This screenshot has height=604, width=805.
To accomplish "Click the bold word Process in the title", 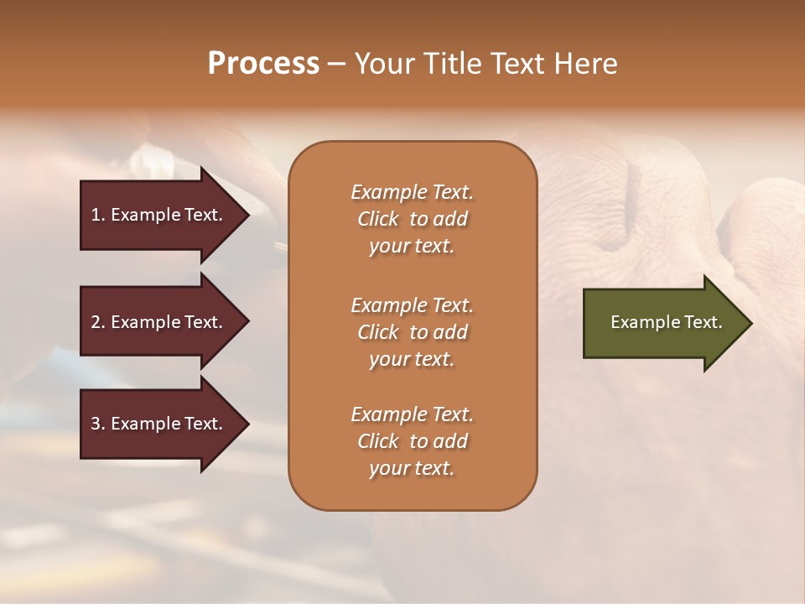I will [263, 64].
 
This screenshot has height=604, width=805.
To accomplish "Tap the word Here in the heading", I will [584, 64].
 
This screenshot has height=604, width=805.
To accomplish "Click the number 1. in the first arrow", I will [98, 215].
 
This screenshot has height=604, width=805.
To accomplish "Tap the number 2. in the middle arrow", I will [98, 322].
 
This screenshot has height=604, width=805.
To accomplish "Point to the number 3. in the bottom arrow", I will [98, 424].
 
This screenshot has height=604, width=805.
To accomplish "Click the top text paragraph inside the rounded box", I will [412, 219].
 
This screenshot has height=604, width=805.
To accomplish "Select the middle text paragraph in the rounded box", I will [412, 332].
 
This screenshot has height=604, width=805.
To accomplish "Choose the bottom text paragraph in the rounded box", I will [412, 441].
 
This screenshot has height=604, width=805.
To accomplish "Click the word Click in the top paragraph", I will [378, 219].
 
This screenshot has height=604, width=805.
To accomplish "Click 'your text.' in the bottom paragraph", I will [412, 468].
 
